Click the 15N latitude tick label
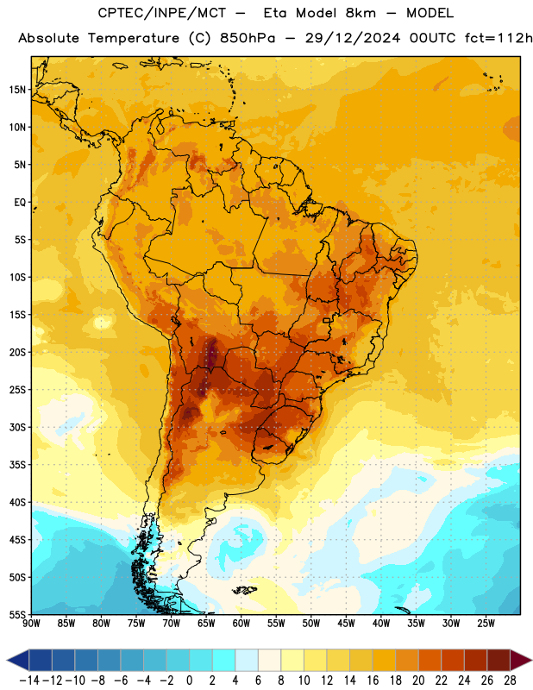click(x=17, y=90)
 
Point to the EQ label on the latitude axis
click(x=20, y=203)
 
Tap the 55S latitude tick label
click(x=17, y=614)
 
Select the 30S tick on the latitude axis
click(x=17, y=427)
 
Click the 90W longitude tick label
click(x=31, y=624)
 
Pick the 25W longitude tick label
click(x=486, y=624)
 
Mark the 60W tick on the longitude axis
click(x=241, y=624)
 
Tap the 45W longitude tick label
click(x=346, y=624)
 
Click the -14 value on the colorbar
click(x=29, y=681)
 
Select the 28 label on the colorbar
click(x=510, y=681)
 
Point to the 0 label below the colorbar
click(x=189, y=681)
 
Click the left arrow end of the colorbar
click(x=8, y=660)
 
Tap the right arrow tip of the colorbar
click(x=531, y=660)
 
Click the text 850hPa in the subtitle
click(x=248, y=38)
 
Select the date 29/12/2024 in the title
click(x=353, y=38)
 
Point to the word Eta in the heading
click(x=275, y=13)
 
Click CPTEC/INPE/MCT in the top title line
click(x=162, y=13)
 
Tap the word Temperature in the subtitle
click(x=134, y=38)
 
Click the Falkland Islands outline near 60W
click(x=244, y=590)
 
